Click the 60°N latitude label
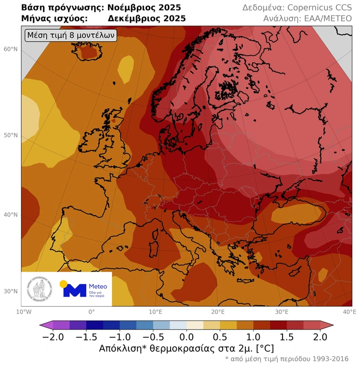(11, 49)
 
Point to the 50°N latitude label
(11, 135)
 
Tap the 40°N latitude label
(11, 215)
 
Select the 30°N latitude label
(11, 291)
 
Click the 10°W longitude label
(23, 312)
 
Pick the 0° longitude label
(91, 312)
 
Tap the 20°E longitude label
(218, 312)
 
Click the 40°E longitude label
(349, 312)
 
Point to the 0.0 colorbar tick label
(187, 337)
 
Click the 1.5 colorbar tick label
(287, 337)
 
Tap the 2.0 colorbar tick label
(320, 337)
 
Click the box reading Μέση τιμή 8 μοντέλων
(71, 35)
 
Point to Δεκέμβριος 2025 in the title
(147, 19)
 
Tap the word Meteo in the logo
(97, 286)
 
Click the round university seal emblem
(38, 289)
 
